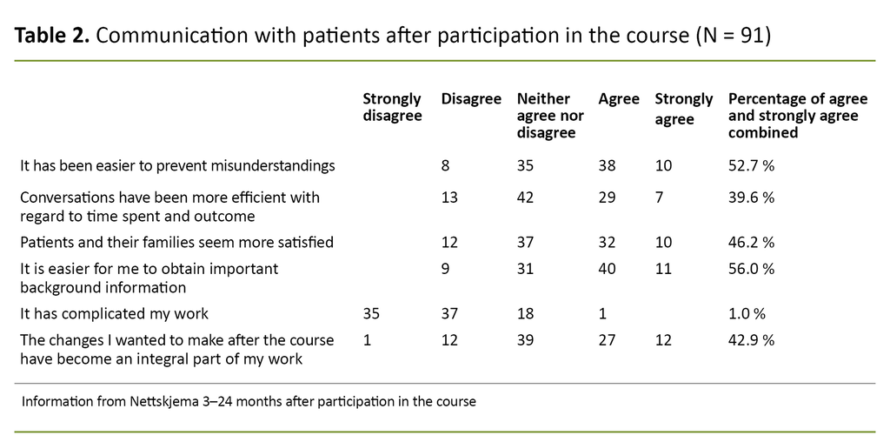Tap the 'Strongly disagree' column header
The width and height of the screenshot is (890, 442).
392,107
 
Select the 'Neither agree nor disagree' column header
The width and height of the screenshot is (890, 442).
550,116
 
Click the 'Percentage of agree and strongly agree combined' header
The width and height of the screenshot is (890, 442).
797,116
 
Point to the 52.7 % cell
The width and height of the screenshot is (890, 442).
751,165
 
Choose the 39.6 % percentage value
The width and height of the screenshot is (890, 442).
751,198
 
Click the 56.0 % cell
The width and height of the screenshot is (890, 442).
751,269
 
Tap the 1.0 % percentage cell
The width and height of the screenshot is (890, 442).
747,314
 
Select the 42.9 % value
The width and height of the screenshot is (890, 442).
751,340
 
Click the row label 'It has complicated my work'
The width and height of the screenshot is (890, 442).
115,314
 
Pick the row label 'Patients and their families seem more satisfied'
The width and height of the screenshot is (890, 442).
176,242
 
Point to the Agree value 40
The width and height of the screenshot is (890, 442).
608,269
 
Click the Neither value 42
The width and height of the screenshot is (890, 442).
526,198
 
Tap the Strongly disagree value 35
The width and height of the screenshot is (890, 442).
371,314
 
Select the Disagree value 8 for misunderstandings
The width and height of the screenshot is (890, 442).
446,165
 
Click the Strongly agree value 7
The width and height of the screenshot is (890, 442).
659,198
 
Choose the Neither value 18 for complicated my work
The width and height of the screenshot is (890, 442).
525,314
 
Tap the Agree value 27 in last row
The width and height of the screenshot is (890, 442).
608,340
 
